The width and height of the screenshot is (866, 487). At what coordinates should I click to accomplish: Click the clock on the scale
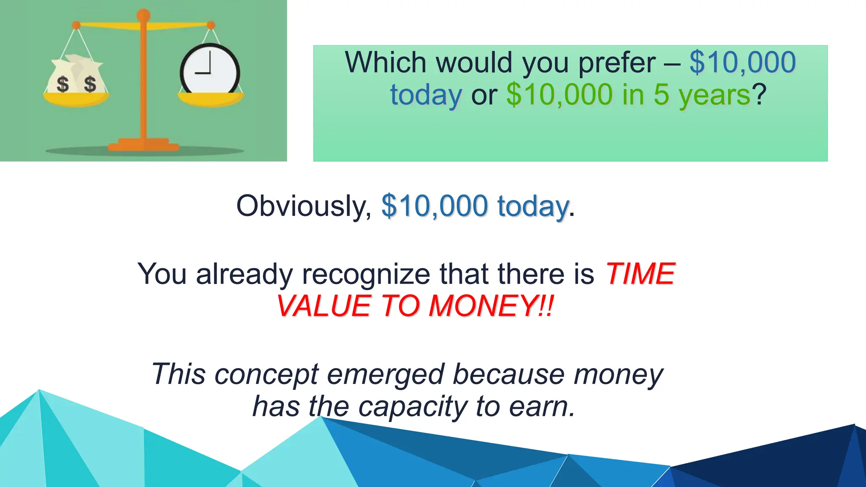[210, 70]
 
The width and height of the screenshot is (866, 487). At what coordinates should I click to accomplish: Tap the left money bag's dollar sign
[63, 84]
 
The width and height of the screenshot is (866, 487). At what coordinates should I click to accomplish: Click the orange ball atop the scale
[143, 15]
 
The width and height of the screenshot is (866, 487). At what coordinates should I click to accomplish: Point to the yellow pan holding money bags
[76, 100]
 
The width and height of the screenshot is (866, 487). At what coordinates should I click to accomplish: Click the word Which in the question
[385, 63]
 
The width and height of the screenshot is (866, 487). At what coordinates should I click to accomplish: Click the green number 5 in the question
[662, 95]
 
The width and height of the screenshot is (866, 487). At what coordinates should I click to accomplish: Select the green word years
[714, 96]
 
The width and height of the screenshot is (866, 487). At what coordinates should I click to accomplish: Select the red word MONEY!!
[491, 306]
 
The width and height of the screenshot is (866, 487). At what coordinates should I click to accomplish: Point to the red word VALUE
[324, 306]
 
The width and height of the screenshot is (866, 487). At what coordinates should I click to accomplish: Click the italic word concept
[266, 375]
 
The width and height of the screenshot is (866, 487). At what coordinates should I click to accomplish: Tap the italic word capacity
[413, 407]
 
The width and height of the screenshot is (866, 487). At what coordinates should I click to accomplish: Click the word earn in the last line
[542, 407]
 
